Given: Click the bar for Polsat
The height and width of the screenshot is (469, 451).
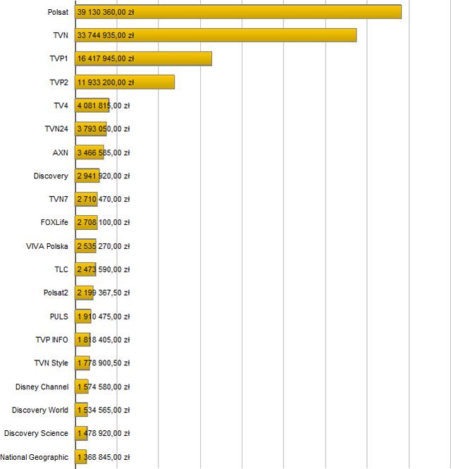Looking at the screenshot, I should pyautogui.click(x=238, y=12).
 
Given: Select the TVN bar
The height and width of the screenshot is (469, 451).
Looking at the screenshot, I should pyautogui.click(x=216, y=35).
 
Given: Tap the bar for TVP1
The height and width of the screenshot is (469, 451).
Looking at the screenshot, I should pyautogui.click(x=144, y=59).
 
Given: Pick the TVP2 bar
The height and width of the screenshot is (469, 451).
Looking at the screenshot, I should pyautogui.click(x=125, y=82).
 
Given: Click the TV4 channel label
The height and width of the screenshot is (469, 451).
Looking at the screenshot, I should pyautogui.click(x=61, y=106).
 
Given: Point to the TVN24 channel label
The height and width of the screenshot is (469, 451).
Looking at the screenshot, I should pyautogui.click(x=56, y=129).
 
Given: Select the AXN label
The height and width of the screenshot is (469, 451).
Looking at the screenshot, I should pyautogui.click(x=61, y=152).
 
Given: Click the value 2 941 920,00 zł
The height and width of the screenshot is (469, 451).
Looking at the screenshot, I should pyautogui.click(x=103, y=176).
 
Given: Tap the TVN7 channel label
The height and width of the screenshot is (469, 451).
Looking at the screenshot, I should pyautogui.click(x=58, y=199).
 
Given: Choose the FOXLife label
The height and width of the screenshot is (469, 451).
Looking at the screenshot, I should pyautogui.click(x=54, y=223).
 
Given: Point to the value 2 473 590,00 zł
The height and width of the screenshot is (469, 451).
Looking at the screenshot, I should pyautogui.click(x=103, y=269).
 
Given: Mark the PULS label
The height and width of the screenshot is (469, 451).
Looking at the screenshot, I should pyautogui.click(x=59, y=316).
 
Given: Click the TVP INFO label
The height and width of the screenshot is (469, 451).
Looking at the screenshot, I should pyautogui.click(x=52, y=339).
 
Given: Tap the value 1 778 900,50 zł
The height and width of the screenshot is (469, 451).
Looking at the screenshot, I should pyautogui.click(x=103, y=363).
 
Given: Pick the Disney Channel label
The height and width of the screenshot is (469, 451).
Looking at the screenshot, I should pyautogui.click(x=42, y=386).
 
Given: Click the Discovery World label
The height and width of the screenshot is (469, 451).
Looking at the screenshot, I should pyautogui.click(x=40, y=410).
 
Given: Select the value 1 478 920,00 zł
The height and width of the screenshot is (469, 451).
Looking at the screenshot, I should pyautogui.click(x=103, y=433).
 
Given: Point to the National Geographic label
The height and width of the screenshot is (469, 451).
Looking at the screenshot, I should pyautogui.click(x=35, y=457).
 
